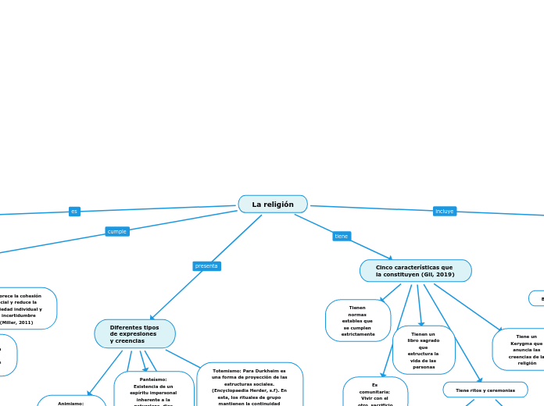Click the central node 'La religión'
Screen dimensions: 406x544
[x=273, y=204]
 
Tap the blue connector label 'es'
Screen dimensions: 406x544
[x=74, y=212]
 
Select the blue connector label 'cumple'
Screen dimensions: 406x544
[x=117, y=231]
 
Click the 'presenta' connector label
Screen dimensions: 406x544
[x=206, y=266]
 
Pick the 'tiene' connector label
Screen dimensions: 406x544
[x=342, y=236]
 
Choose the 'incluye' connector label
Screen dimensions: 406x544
[x=444, y=211]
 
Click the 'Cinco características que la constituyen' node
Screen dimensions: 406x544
[x=415, y=271]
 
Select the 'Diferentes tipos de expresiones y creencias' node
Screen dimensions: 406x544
[x=134, y=333]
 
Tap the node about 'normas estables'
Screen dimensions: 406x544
[x=357, y=320]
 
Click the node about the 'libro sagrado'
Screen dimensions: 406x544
[x=424, y=350]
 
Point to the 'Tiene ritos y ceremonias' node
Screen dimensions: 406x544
[x=485, y=390]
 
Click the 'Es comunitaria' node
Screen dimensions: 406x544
[x=375, y=393]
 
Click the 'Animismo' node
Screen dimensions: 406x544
[x=71, y=402]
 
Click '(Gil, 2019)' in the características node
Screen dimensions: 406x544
[x=440, y=275]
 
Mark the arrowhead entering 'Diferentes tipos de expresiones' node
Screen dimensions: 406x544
[x=152, y=318]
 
